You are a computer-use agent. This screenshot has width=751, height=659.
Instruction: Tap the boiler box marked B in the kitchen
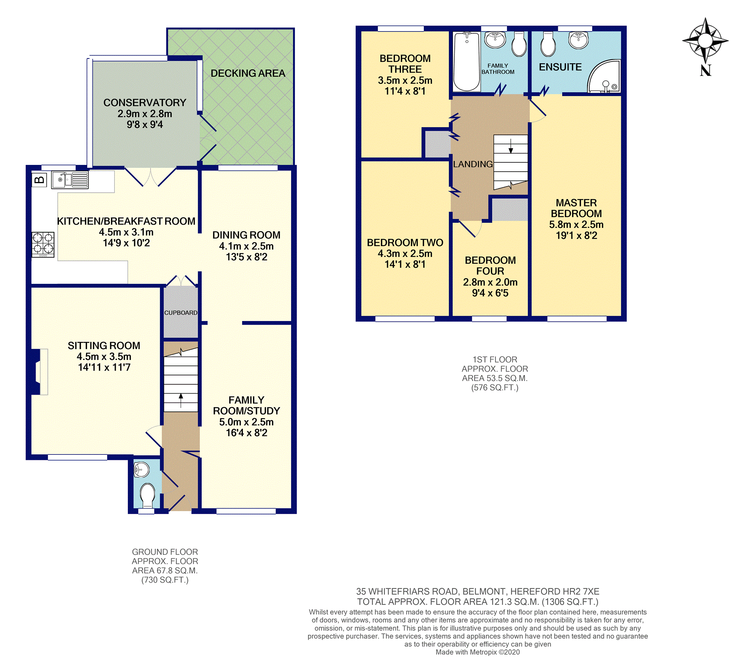point(39,180)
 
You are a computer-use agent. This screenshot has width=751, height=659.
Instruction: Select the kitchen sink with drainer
point(70,180)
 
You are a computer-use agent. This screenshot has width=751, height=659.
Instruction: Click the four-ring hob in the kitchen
point(43,245)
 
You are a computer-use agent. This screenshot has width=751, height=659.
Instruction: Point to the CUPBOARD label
point(181,313)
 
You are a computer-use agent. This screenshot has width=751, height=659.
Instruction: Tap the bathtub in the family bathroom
point(467,61)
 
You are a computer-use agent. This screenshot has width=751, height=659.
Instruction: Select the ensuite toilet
point(548,44)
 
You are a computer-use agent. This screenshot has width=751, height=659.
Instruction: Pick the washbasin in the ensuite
point(579,40)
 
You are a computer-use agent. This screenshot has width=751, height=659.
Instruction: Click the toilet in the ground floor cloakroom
point(148,495)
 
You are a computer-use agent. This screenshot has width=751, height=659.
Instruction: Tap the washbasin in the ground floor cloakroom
point(141,470)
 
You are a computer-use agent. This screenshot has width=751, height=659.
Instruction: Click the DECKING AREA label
point(248,73)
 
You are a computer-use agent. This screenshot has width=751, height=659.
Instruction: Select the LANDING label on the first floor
point(473,164)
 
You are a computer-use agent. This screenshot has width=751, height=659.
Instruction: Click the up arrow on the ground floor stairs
point(181,400)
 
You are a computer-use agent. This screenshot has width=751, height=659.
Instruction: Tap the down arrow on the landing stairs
point(511,146)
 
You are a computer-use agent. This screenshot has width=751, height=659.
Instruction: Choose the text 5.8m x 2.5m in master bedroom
point(576,225)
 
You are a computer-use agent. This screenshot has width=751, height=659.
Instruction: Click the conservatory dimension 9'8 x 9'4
point(145,125)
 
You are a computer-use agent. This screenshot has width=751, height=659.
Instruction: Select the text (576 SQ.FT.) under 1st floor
point(495,388)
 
